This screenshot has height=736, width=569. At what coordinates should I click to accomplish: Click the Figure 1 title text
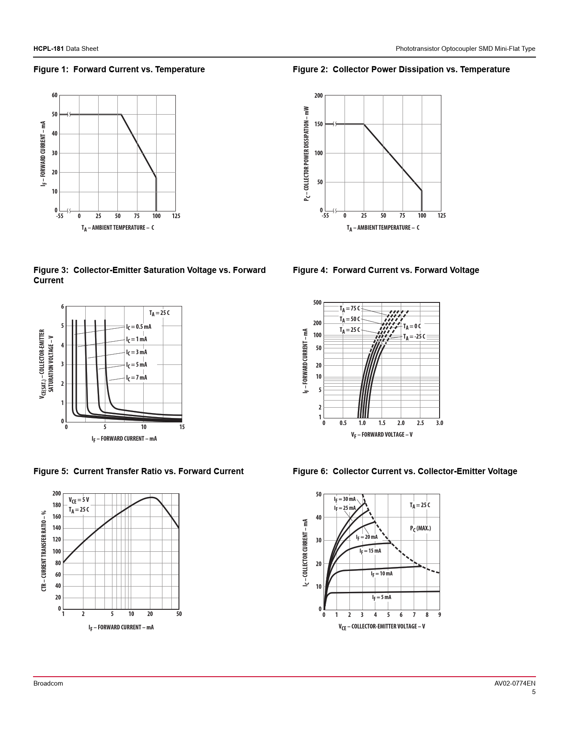[119, 70]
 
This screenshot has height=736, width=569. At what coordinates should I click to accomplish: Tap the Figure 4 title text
[386, 270]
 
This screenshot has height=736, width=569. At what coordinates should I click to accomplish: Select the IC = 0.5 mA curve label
[138, 327]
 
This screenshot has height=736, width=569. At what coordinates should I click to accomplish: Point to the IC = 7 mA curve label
[136, 378]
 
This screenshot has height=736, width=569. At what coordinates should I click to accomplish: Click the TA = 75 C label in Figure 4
[349, 309]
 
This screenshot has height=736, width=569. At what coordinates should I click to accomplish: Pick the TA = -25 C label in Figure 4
[414, 337]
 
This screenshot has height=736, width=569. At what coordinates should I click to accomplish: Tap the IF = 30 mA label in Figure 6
[345, 500]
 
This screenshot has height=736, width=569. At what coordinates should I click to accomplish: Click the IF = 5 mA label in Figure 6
[382, 598]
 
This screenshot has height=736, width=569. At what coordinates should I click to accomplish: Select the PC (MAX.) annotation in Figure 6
[420, 529]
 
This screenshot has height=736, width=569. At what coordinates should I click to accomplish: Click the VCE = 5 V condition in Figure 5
[79, 500]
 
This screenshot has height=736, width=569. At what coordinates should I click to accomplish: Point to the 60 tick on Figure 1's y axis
[54, 95]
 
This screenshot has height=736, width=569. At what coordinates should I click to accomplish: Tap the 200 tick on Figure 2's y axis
[318, 96]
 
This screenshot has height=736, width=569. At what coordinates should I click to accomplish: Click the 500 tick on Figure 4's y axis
[317, 303]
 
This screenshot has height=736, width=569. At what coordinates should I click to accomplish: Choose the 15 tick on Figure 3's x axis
[182, 427]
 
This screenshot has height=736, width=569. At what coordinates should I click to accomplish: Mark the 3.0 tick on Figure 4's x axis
[440, 423]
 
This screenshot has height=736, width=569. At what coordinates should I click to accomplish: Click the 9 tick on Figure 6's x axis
[440, 615]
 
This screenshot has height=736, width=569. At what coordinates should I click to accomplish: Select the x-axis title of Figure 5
[121, 628]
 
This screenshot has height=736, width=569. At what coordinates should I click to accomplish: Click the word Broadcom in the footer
[48, 683]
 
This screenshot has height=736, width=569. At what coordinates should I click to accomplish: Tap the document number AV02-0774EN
[515, 683]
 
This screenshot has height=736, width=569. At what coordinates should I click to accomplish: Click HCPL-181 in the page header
[49, 49]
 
